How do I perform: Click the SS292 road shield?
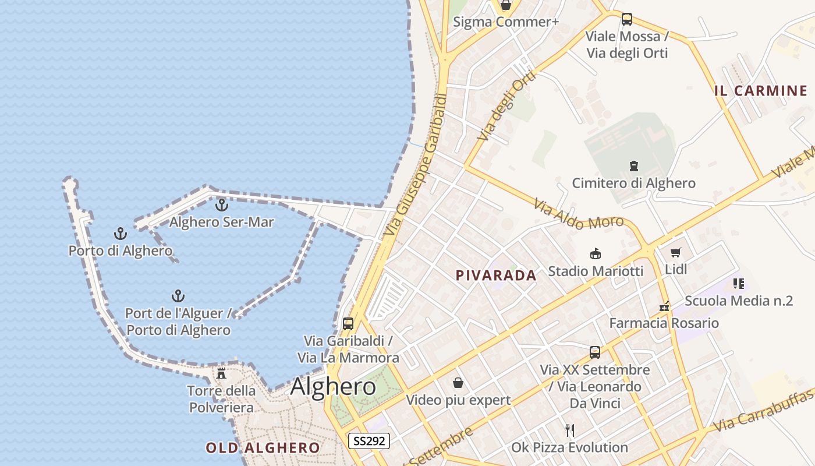tap(369, 441)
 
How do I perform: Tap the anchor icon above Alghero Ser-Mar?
tap(221, 205)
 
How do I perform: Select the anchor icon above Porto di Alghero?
tap(121, 234)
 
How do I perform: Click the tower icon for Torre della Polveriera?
tap(221, 373)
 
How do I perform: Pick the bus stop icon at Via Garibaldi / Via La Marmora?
tap(348, 324)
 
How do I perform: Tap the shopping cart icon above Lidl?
tap(675, 253)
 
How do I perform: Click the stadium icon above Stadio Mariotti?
tap(596, 254)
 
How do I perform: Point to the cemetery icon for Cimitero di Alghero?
tap(634, 166)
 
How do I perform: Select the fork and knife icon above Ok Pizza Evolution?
tap(570, 430)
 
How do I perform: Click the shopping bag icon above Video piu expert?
tap(458, 383)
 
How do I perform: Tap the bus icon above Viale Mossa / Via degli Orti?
tap(627, 19)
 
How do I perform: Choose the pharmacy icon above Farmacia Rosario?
tap(664, 306)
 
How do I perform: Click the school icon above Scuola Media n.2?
tap(739, 284)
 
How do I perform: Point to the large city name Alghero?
tap(333, 386)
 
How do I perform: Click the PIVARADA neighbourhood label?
tap(496, 276)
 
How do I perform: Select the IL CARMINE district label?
tap(761, 91)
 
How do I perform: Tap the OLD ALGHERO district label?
tap(263, 448)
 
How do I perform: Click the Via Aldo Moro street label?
tap(579, 214)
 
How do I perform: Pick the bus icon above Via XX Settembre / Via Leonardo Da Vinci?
tap(595, 352)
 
